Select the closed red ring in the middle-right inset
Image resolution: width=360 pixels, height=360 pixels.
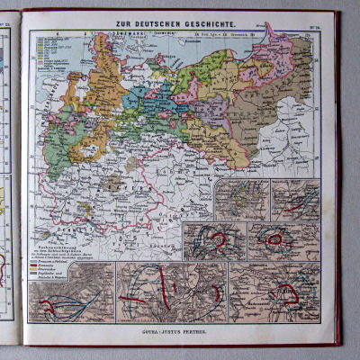(x=271, y=239)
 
